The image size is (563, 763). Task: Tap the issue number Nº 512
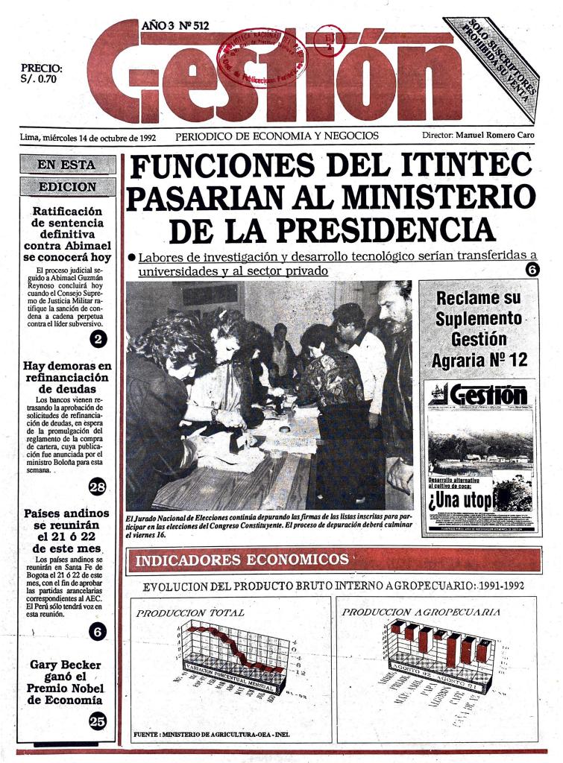point(192,25)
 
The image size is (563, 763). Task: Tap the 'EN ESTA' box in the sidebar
point(67,165)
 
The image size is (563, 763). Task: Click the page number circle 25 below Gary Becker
point(98,720)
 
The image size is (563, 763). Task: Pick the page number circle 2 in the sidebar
point(98,340)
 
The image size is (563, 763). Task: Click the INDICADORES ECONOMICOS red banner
point(334,560)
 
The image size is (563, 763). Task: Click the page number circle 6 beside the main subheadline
point(532,270)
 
